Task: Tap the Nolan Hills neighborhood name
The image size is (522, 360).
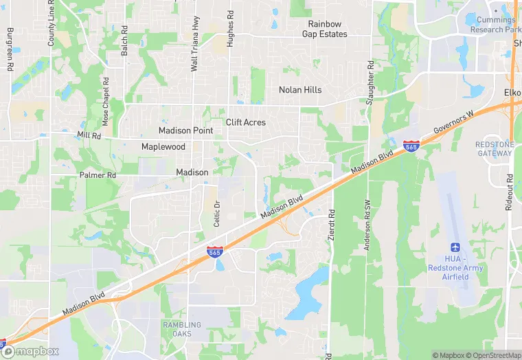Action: tap(300, 90)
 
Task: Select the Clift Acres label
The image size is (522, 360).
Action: tap(246, 122)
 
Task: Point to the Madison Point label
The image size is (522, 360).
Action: tap(185, 131)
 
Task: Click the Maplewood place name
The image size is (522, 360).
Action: tap(163, 147)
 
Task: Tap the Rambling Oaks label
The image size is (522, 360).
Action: tap(182, 329)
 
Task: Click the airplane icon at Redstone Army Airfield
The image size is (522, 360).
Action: tap(454, 247)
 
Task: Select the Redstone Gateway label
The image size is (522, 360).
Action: tap(494, 148)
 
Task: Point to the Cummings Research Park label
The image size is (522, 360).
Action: tap(495, 25)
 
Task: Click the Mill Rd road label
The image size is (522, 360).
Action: tap(89, 135)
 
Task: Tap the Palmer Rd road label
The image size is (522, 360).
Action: tap(98, 175)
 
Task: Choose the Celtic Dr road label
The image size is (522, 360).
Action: tap(216, 214)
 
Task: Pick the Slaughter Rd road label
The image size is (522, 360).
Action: tap(370, 82)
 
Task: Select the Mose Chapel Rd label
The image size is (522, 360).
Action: tap(106, 101)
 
